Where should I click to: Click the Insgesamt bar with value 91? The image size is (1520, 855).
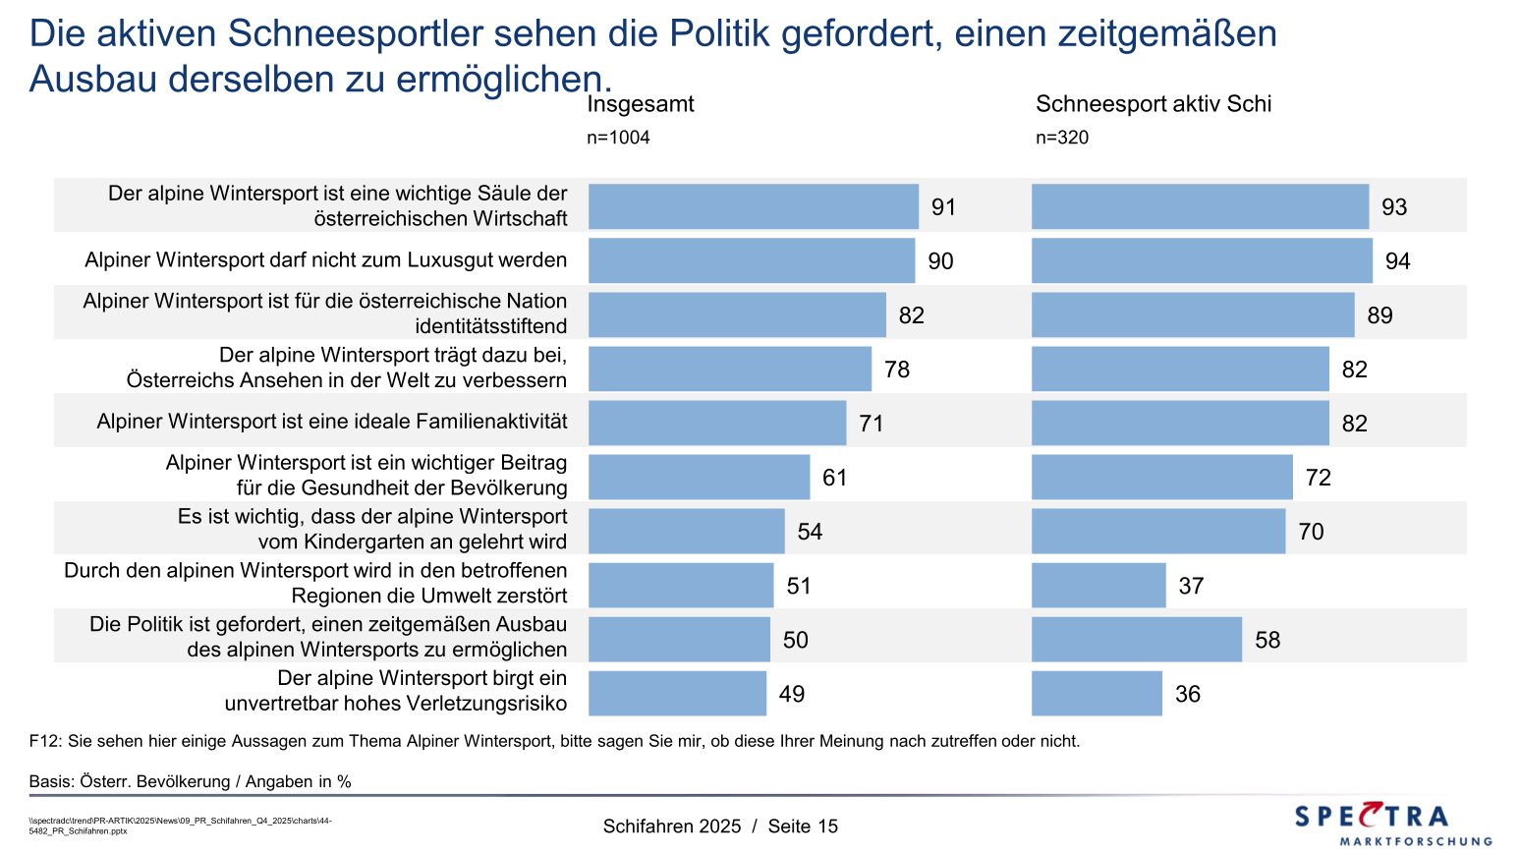pyautogui.click(x=753, y=206)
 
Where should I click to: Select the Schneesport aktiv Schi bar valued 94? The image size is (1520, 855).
pyautogui.click(x=1201, y=260)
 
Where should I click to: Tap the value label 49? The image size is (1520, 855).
pyautogui.click(x=792, y=694)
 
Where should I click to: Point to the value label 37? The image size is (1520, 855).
pyautogui.click(x=1191, y=586)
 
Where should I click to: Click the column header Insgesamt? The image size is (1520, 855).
pyautogui.click(x=641, y=104)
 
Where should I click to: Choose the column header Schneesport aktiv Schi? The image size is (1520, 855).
pyautogui.click(x=1154, y=104)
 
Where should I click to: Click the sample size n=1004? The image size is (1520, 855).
pyautogui.click(x=618, y=138)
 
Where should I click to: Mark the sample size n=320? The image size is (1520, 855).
pyautogui.click(x=1062, y=138)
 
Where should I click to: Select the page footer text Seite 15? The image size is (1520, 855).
pyautogui.click(x=803, y=826)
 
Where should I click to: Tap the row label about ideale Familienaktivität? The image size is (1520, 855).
pyautogui.click(x=332, y=422)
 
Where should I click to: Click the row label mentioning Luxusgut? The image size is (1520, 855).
pyautogui.click(x=325, y=260)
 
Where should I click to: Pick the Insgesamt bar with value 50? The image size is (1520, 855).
pyautogui.click(x=679, y=640)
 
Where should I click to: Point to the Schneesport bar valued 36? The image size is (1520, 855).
pyautogui.click(x=1097, y=694)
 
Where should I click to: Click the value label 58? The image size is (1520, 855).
pyautogui.click(x=1267, y=640)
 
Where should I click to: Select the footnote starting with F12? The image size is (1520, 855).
pyautogui.click(x=554, y=741)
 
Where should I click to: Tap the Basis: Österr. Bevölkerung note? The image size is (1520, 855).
pyautogui.click(x=190, y=782)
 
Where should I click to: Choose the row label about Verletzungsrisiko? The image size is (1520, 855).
pyautogui.click(x=396, y=691)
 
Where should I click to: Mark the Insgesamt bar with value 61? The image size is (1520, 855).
pyautogui.click(x=699, y=478)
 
